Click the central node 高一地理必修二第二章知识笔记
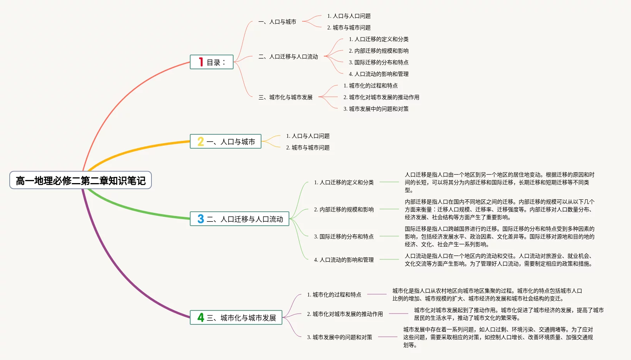(81, 180)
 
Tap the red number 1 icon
(201, 62)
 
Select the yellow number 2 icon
(201, 141)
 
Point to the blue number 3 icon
(201, 219)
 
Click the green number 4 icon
(201, 317)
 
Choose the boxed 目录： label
(216, 62)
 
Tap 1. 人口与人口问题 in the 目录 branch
(349, 16)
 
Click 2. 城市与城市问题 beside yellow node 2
(308, 147)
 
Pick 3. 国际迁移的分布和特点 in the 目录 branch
(378, 62)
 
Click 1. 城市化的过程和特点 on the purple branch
(334, 295)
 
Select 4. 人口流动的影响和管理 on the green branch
(344, 260)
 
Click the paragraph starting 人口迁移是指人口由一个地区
(499, 182)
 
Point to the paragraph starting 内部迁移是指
(499, 209)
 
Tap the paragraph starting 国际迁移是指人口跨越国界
(499, 237)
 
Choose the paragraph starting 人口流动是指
(498, 260)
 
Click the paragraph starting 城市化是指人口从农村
(487, 295)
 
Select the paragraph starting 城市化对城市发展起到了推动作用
(509, 314)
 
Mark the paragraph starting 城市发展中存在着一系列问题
(498, 337)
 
